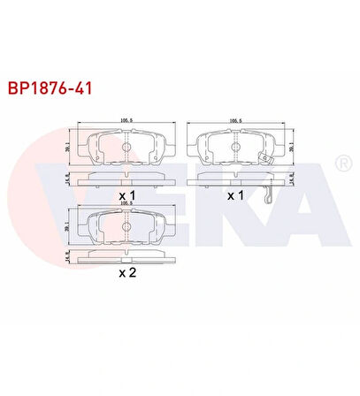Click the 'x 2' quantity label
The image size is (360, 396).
[x=127, y=272]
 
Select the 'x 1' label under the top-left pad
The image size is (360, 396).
[x=127, y=194]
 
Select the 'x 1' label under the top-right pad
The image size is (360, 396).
[x=236, y=194]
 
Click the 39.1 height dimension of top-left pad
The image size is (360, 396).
[x=68, y=148]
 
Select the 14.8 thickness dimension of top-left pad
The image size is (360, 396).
[x=68, y=177]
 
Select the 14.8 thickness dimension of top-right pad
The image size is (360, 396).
[x=292, y=177]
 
